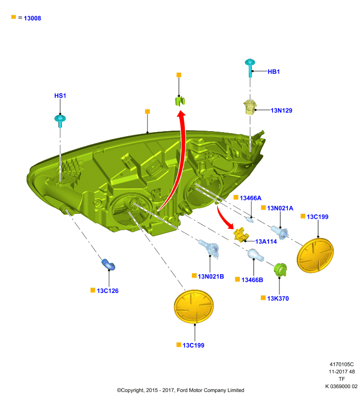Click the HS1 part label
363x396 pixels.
(x=60, y=96)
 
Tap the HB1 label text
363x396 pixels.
(x=273, y=72)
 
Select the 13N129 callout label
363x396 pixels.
(x=281, y=110)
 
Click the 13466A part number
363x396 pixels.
(x=251, y=198)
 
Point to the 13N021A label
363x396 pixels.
(x=280, y=208)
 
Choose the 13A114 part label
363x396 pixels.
(x=266, y=242)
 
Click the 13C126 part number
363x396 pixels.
(x=107, y=291)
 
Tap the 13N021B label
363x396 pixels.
(x=211, y=277)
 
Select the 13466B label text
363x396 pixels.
(x=252, y=280)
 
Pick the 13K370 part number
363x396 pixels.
(x=278, y=298)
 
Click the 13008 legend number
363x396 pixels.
(x=32, y=18)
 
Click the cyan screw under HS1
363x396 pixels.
(x=60, y=121)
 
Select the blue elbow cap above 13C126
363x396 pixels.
(x=108, y=264)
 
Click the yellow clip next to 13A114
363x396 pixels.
(x=241, y=235)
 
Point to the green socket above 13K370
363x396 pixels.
(x=280, y=270)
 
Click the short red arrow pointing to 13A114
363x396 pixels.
(x=224, y=219)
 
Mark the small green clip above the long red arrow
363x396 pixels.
(x=180, y=101)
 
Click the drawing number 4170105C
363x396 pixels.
(x=342, y=364)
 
